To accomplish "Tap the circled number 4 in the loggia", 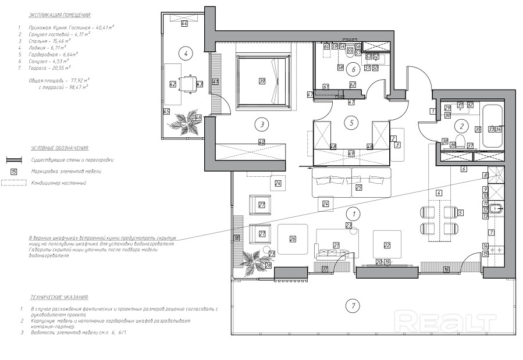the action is point(185,54).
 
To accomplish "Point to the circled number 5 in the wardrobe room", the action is point(350,122).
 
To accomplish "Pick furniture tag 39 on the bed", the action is point(262,81).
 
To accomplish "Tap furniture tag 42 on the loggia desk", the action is point(172,84).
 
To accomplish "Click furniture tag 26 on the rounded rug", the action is point(293,238).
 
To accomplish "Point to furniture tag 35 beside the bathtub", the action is point(478,130).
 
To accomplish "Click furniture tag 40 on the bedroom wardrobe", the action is point(262,142).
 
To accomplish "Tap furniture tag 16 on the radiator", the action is point(446,269).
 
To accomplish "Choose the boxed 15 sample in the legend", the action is point(14,172).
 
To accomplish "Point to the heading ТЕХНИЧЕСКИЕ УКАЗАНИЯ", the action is point(57,297).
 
